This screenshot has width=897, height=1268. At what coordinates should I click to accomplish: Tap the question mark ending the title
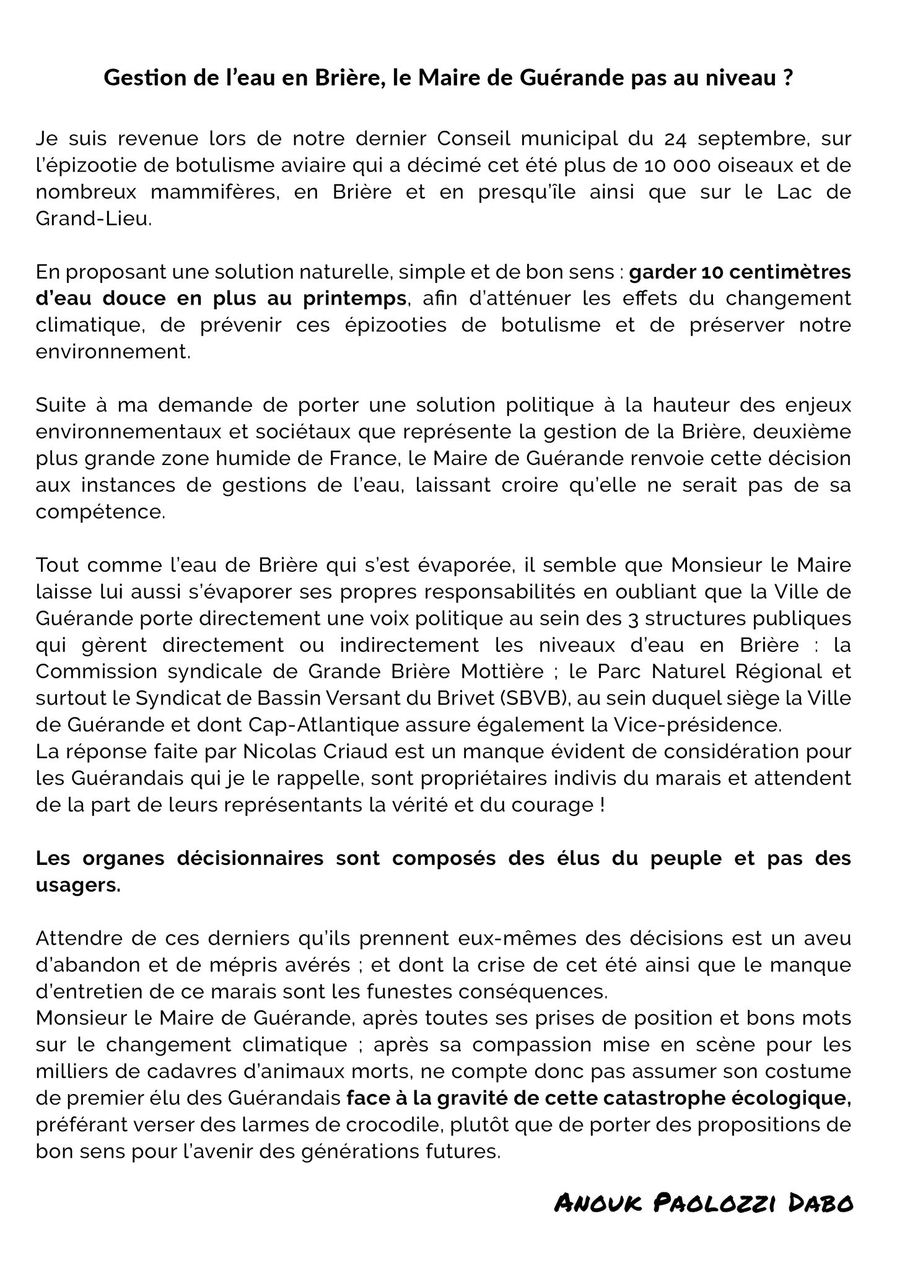click(787, 79)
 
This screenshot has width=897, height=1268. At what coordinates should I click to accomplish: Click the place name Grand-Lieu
click(93, 219)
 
